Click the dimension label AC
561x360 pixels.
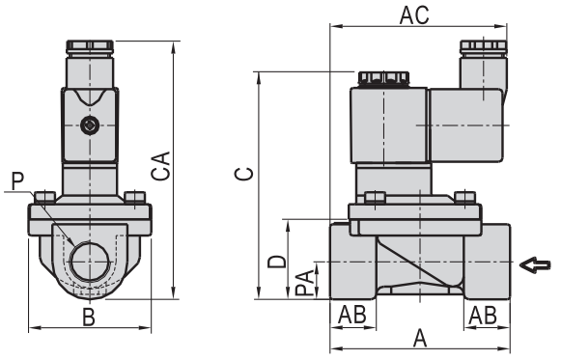(414, 15)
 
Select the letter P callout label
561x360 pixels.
(17, 180)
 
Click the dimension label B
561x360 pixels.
(89, 317)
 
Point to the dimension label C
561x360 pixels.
(244, 174)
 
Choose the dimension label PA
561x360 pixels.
(304, 283)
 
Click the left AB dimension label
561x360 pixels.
(352, 315)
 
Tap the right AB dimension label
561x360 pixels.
(483, 315)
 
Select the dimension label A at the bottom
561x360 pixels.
(420, 338)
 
